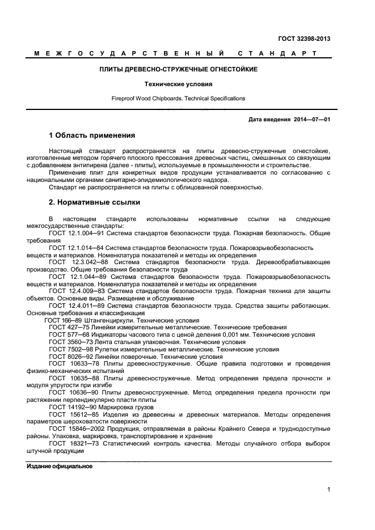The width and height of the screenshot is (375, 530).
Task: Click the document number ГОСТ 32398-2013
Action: point(304,39)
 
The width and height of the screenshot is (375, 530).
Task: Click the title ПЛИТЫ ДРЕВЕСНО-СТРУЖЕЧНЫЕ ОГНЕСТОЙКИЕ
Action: point(179,69)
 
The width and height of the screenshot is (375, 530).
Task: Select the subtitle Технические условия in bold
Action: point(179,84)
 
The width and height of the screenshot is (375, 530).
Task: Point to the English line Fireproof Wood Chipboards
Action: point(178,99)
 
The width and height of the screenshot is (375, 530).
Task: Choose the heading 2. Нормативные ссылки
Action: point(94,202)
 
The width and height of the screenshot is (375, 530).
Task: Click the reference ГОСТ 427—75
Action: point(66,328)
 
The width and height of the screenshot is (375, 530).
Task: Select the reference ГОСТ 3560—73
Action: point(68,342)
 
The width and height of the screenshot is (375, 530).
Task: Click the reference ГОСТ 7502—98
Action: point(68,350)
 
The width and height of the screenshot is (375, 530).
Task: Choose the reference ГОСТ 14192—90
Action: point(70,408)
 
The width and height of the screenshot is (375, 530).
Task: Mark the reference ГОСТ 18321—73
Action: point(72,444)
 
